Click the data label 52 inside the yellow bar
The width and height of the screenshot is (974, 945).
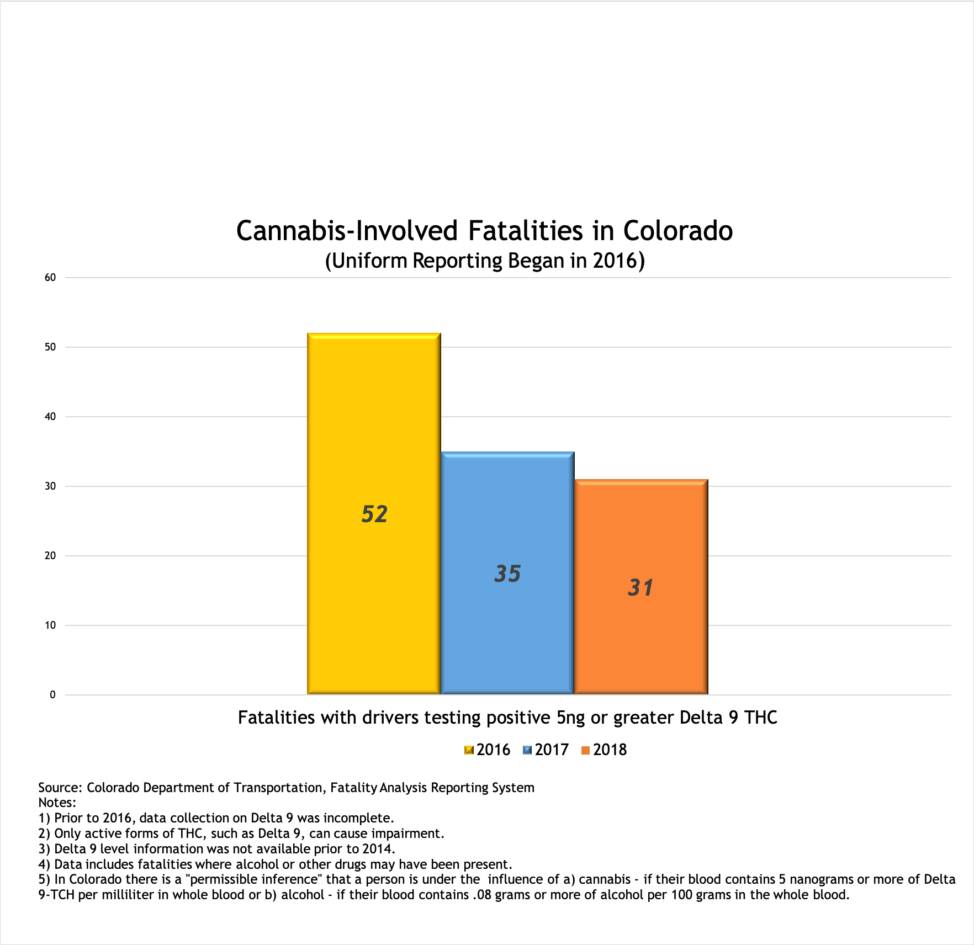[374, 514]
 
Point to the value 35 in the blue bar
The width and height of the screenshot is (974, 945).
[507, 574]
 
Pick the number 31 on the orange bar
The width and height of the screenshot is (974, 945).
[640, 588]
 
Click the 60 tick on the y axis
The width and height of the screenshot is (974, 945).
[50, 278]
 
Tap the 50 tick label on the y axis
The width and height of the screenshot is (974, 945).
[50, 347]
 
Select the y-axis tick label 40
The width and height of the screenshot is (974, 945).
[50, 417]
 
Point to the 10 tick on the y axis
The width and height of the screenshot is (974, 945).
[50, 625]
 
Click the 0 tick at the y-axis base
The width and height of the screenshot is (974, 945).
[52, 695]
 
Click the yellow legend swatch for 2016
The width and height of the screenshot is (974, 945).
[469, 750]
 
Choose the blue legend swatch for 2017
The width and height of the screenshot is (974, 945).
[527, 750]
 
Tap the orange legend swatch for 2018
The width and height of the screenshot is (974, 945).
[586, 750]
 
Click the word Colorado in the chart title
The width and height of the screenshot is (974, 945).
[678, 231]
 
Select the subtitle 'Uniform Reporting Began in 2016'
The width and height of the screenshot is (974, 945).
[485, 261]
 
